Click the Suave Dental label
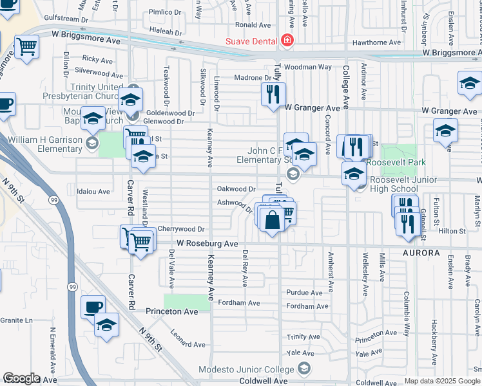[x=250, y=42]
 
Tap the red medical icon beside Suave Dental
[x=286, y=42]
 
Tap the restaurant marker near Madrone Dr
[x=273, y=95]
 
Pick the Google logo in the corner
[x=21, y=378]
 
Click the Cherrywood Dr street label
[x=181, y=228]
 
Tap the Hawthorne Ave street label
[x=378, y=43]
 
